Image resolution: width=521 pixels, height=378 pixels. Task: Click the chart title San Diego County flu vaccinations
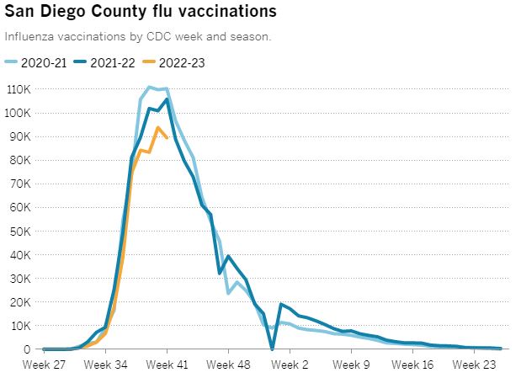[x=140, y=13]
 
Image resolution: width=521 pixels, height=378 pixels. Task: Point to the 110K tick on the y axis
[x=19, y=88]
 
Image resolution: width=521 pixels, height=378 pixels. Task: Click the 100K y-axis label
[x=19, y=112]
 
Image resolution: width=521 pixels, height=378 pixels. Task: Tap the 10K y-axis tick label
[x=21, y=325]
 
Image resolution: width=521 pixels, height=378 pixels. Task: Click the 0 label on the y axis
[x=28, y=349]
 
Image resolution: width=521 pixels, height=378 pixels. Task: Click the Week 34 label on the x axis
[x=105, y=365]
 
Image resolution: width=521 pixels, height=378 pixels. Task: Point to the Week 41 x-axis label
[x=167, y=365]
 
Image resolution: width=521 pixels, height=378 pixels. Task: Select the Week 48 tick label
[x=228, y=365]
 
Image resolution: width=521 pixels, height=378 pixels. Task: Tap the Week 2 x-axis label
[x=290, y=365]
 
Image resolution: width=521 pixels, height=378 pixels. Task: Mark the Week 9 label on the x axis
[x=352, y=365]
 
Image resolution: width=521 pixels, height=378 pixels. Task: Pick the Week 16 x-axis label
[x=413, y=365]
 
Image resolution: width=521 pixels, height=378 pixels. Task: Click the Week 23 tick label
[x=475, y=365]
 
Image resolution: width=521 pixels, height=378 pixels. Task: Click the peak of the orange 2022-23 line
[x=157, y=127]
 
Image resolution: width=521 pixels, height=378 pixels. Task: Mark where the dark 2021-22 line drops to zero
[x=272, y=349]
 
